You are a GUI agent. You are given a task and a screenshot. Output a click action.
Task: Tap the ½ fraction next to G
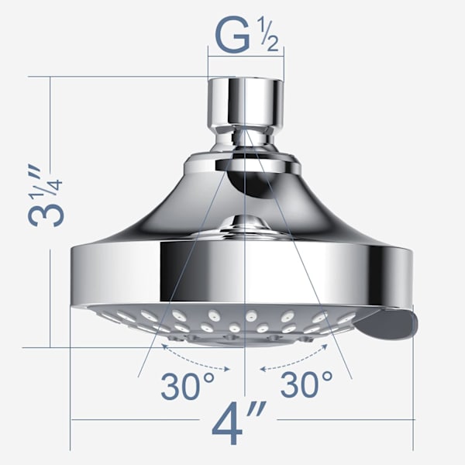pyautogui.click(x=270, y=34)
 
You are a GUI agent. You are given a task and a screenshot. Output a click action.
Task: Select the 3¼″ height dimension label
pyautogui.click(x=46, y=195)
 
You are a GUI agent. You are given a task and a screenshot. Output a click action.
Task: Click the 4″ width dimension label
pyautogui.click(x=238, y=422)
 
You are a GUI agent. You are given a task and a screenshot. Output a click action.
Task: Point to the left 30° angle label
pyautogui.click(x=188, y=386)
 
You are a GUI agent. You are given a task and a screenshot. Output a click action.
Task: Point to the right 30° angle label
pyautogui.click(x=306, y=384)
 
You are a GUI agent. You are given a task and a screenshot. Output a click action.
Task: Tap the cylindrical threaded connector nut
pyautogui.click(x=246, y=102)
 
